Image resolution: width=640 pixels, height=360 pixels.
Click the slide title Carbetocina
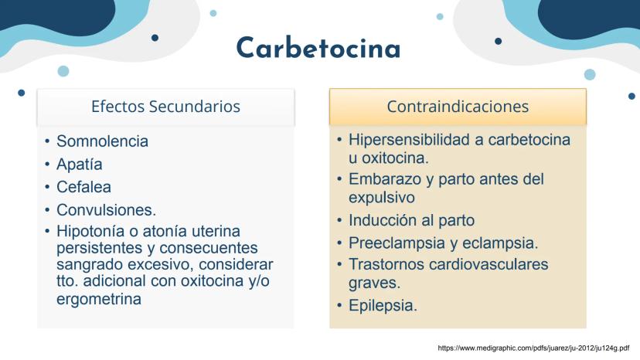point(318,48)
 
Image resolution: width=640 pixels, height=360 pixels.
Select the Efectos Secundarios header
point(165,107)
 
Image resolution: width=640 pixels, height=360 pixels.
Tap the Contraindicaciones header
point(458,107)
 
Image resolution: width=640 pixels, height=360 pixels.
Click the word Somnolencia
point(102,141)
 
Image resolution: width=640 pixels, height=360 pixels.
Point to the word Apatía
point(79,165)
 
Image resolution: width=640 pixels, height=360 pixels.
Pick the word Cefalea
point(83,187)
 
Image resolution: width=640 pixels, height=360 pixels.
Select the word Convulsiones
point(106,210)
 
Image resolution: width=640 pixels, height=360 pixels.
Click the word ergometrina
point(99,299)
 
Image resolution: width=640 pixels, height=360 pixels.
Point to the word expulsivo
point(382,198)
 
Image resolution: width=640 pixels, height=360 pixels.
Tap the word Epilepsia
point(383,305)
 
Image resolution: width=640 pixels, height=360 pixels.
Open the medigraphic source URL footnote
point(533,348)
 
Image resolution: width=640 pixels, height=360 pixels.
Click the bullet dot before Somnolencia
point(47,141)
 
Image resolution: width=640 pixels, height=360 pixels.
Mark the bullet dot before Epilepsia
point(339,305)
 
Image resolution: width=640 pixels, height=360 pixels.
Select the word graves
point(375,283)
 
